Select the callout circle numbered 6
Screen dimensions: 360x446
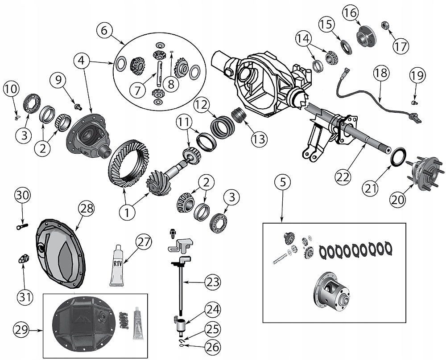[x=104, y=31]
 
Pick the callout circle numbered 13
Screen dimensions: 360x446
[x=259, y=139]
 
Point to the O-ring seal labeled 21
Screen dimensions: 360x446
[x=398, y=157]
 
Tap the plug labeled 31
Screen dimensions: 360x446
[x=23, y=258]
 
